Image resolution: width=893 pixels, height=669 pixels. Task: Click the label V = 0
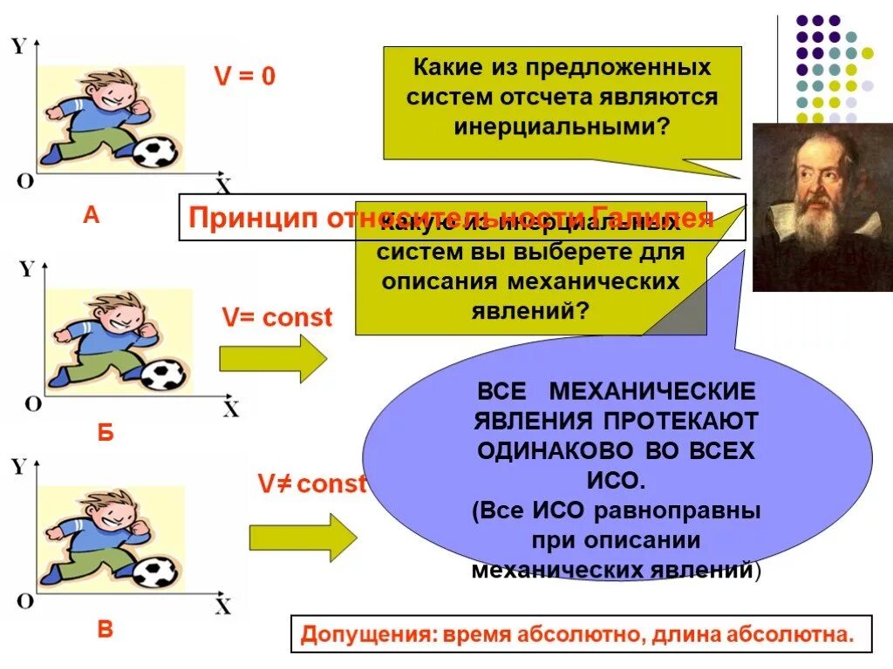pyautogui.click(x=245, y=77)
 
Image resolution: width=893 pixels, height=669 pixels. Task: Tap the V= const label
pyautogui.click(x=276, y=318)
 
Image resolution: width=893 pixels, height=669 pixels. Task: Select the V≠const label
pyautogui.click(x=311, y=484)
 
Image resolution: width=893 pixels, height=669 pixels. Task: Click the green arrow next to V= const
pyautogui.click(x=272, y=358)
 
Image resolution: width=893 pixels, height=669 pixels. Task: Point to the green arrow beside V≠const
pyautogui.click(x=303, y=537)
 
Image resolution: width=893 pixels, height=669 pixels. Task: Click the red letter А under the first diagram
pyautogui.click(x=91, y=215)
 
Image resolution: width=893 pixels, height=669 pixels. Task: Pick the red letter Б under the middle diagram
pyautogui.click(x=106, y=433)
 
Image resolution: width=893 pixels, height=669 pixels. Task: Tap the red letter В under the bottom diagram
pyautogui.click(x=105, y=629)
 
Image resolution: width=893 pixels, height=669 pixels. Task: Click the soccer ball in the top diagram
pyautogui.click(x=155, y=152)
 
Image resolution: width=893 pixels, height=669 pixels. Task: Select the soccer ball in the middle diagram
pyautogui.click(x=162, y=375)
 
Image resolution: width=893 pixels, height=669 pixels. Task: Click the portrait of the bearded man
pyautogui.click(x=822, y=207)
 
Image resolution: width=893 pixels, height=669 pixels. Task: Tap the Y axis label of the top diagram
pyautogui.click(x=17, y=46)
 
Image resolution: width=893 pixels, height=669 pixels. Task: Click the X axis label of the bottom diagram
pyautogui.click(x=223, y=606)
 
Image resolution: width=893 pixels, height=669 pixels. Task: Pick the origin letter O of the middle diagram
pyautogui.click(x=32, y=403)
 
